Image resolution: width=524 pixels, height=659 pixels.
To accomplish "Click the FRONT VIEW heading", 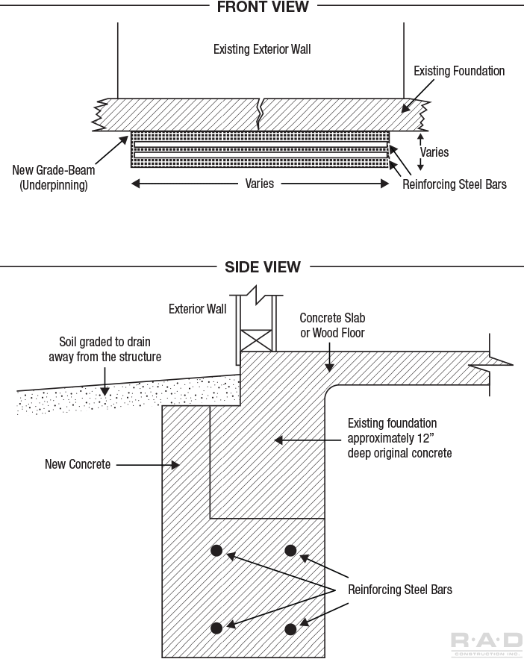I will [262, 7].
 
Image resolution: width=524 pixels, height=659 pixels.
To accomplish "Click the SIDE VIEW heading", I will [262, 266].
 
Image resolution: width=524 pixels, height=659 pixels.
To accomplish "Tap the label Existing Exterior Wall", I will [262, 50].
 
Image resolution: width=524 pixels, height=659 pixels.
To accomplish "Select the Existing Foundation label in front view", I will [459, 72].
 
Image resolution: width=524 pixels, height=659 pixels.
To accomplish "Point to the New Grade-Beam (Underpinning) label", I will [54, 178].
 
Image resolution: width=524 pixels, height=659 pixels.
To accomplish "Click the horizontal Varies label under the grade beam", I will [259, 183].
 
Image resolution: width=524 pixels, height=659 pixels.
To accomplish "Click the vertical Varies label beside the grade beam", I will [434, 152].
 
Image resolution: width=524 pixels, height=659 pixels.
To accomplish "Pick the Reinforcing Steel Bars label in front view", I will [454, 184].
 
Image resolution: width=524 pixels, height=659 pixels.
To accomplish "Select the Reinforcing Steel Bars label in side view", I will [400, 590].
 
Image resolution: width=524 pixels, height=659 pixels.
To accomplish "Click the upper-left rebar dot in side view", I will [216, 551].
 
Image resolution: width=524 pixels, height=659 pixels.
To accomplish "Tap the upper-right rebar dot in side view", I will [290, 551].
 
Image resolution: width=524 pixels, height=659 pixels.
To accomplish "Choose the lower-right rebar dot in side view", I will [290, 629].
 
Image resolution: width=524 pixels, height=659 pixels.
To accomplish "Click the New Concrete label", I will [78, 464].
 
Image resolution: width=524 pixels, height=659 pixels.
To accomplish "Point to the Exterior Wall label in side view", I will [197, 309].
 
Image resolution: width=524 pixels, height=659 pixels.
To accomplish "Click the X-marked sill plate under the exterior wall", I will [256, 340].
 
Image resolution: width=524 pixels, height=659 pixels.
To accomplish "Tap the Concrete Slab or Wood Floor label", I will [332, 325].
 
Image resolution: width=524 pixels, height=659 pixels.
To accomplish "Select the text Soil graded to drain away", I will [105, 350].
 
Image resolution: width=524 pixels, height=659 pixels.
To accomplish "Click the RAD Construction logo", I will [487, 643].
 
